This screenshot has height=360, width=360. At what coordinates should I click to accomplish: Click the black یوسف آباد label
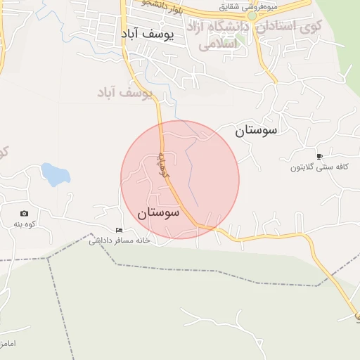(146, 34)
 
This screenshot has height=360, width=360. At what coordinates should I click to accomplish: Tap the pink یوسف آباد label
(125, 92)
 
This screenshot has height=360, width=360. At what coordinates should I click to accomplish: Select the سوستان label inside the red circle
(158, 212)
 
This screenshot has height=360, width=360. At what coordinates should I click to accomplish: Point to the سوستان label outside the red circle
(257, 129)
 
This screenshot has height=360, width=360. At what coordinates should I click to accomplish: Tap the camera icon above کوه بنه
(25, 213)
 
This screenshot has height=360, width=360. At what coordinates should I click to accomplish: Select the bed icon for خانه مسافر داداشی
(119, 230)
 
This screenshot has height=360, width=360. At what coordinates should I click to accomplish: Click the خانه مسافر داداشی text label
(119, 240)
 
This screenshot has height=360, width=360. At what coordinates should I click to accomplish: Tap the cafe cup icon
(320, 156)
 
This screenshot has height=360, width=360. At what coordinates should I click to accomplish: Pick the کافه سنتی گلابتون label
(320, 168)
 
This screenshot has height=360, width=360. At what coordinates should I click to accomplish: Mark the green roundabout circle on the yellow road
(252, 15)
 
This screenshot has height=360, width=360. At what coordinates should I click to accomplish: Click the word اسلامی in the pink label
(217, 44)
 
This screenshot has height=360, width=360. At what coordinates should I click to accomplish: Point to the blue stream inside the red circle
(192, 172)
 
